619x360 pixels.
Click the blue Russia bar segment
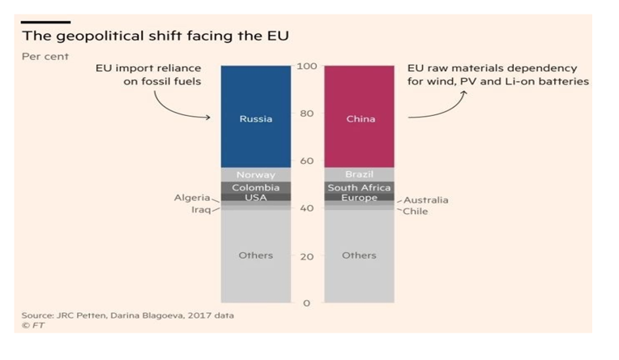click(256, 118)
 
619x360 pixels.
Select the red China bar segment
click(360, 118)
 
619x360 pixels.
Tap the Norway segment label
click(256, 175)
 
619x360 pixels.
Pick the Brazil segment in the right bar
click(360, 175)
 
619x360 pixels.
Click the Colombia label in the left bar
click(256, 188)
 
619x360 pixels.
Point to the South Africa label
click(360, 188)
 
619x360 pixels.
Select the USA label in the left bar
click(256, 198)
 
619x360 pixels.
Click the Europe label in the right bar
click(360, 198)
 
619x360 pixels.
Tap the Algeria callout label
click(192, 198)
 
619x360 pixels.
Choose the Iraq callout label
click(199, 209)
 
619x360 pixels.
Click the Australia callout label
click(425, 200)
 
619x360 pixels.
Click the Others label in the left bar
click(256, 255)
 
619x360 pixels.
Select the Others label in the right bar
click(360, 255)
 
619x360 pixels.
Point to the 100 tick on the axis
click(306, 66)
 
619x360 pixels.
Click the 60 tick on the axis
click(306, 161)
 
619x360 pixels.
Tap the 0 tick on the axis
click(306, 303)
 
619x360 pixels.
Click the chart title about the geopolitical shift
click(155, 36)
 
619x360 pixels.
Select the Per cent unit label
click(45, 57)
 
